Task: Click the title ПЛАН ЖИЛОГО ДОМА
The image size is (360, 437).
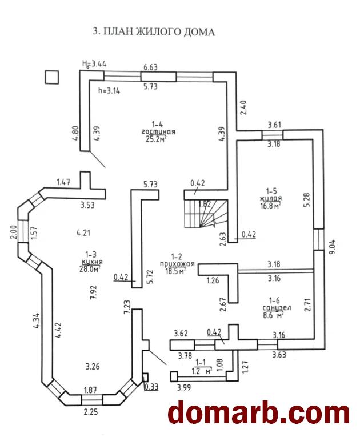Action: point(154,32)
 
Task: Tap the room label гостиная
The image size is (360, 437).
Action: point(158,131)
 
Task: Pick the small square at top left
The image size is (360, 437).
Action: point(52,77)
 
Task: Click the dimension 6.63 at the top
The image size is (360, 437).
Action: point(150,67)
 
